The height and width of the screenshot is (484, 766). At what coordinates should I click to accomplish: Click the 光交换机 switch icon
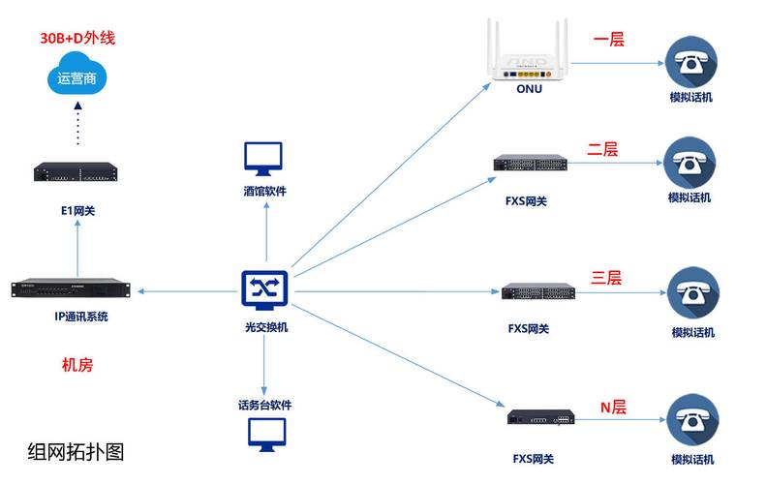[x=264, y=288]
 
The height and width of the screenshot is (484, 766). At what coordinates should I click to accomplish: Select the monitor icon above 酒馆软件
[x=263, y=158]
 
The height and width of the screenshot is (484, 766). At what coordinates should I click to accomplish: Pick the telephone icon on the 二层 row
[x=689, y=162]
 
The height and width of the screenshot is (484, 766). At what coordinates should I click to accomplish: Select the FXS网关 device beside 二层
[x=530, y=166]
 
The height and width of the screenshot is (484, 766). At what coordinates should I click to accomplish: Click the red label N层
[x=613, y=407]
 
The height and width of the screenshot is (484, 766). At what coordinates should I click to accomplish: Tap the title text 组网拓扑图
[x=77, y=450]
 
